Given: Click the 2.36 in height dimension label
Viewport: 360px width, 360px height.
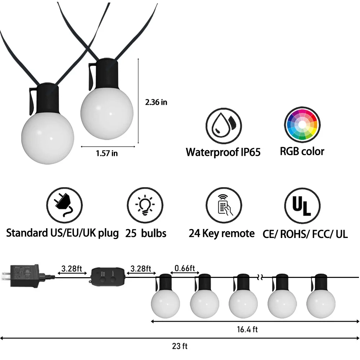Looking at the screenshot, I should [x=156, y=102].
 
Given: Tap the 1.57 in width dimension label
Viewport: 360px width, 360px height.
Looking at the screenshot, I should [x=107, y=153].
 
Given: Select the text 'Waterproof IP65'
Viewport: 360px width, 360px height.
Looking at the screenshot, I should [x=223, y=152].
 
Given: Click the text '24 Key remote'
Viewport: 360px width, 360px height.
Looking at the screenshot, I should [x=221, y=234].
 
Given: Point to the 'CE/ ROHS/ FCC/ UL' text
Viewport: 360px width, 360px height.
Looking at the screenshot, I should [x=305, y=234].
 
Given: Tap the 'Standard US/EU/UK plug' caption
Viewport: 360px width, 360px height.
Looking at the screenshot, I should [x=62, y=233].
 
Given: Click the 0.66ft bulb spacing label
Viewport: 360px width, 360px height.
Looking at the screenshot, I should [x=185, y=268].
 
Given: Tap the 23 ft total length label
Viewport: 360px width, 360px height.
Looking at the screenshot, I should [x=180, y=347].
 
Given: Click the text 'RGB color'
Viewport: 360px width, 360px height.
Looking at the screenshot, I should [x=302, y=151].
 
